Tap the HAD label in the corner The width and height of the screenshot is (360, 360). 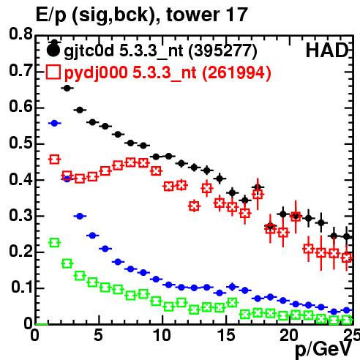(327, 50)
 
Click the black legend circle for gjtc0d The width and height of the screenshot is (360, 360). (53, 50)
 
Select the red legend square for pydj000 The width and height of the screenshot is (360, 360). (53, 72)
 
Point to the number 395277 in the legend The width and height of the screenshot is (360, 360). (222, 50)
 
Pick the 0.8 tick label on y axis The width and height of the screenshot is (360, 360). (20, 34)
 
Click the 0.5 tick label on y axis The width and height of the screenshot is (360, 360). (20, 143)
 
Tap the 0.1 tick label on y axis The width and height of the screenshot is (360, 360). (22, 288)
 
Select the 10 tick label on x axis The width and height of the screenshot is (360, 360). (162, 335)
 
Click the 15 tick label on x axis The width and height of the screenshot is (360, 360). (227, 335)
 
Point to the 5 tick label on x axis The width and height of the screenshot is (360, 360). (98, 335)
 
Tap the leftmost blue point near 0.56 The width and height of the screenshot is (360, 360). (54, 124)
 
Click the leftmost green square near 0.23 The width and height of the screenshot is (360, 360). (54, 243)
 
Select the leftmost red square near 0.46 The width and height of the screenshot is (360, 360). (54, 160)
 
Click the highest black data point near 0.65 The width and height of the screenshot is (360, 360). (67, 89)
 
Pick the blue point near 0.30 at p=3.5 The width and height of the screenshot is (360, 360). (80, 216)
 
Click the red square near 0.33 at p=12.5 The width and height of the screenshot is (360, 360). (194, 206)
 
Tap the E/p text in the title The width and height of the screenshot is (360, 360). (51, 15)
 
